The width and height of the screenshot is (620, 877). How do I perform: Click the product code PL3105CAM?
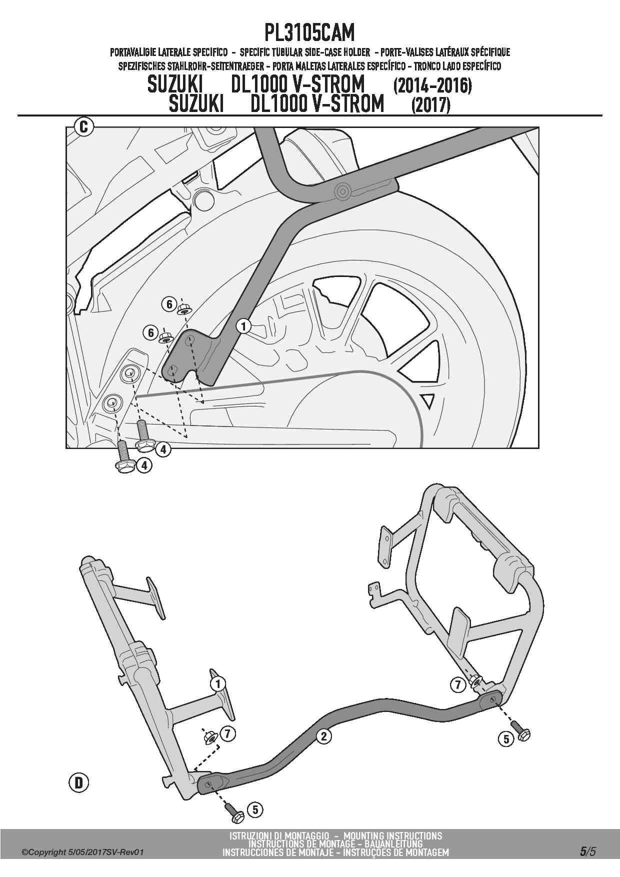point(309,33)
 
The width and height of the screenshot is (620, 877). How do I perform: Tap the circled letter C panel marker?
point(84,127)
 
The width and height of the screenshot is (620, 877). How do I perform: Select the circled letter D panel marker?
point(78,782)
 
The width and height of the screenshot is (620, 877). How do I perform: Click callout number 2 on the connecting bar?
point(324,736)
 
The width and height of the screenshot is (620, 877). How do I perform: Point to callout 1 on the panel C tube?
point(243,326)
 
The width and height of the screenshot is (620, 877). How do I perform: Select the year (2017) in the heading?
point(430,105)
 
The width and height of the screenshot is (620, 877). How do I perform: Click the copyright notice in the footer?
point(82,852)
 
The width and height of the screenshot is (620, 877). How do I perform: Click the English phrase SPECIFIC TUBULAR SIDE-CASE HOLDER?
point(305,52)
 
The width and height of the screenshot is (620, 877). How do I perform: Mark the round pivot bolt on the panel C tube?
point(342,190)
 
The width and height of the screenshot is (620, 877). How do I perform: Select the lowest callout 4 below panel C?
point(144,465)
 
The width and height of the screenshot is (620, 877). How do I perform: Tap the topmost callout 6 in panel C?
point(169,304)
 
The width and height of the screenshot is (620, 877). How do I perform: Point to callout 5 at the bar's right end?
point(506,739)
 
